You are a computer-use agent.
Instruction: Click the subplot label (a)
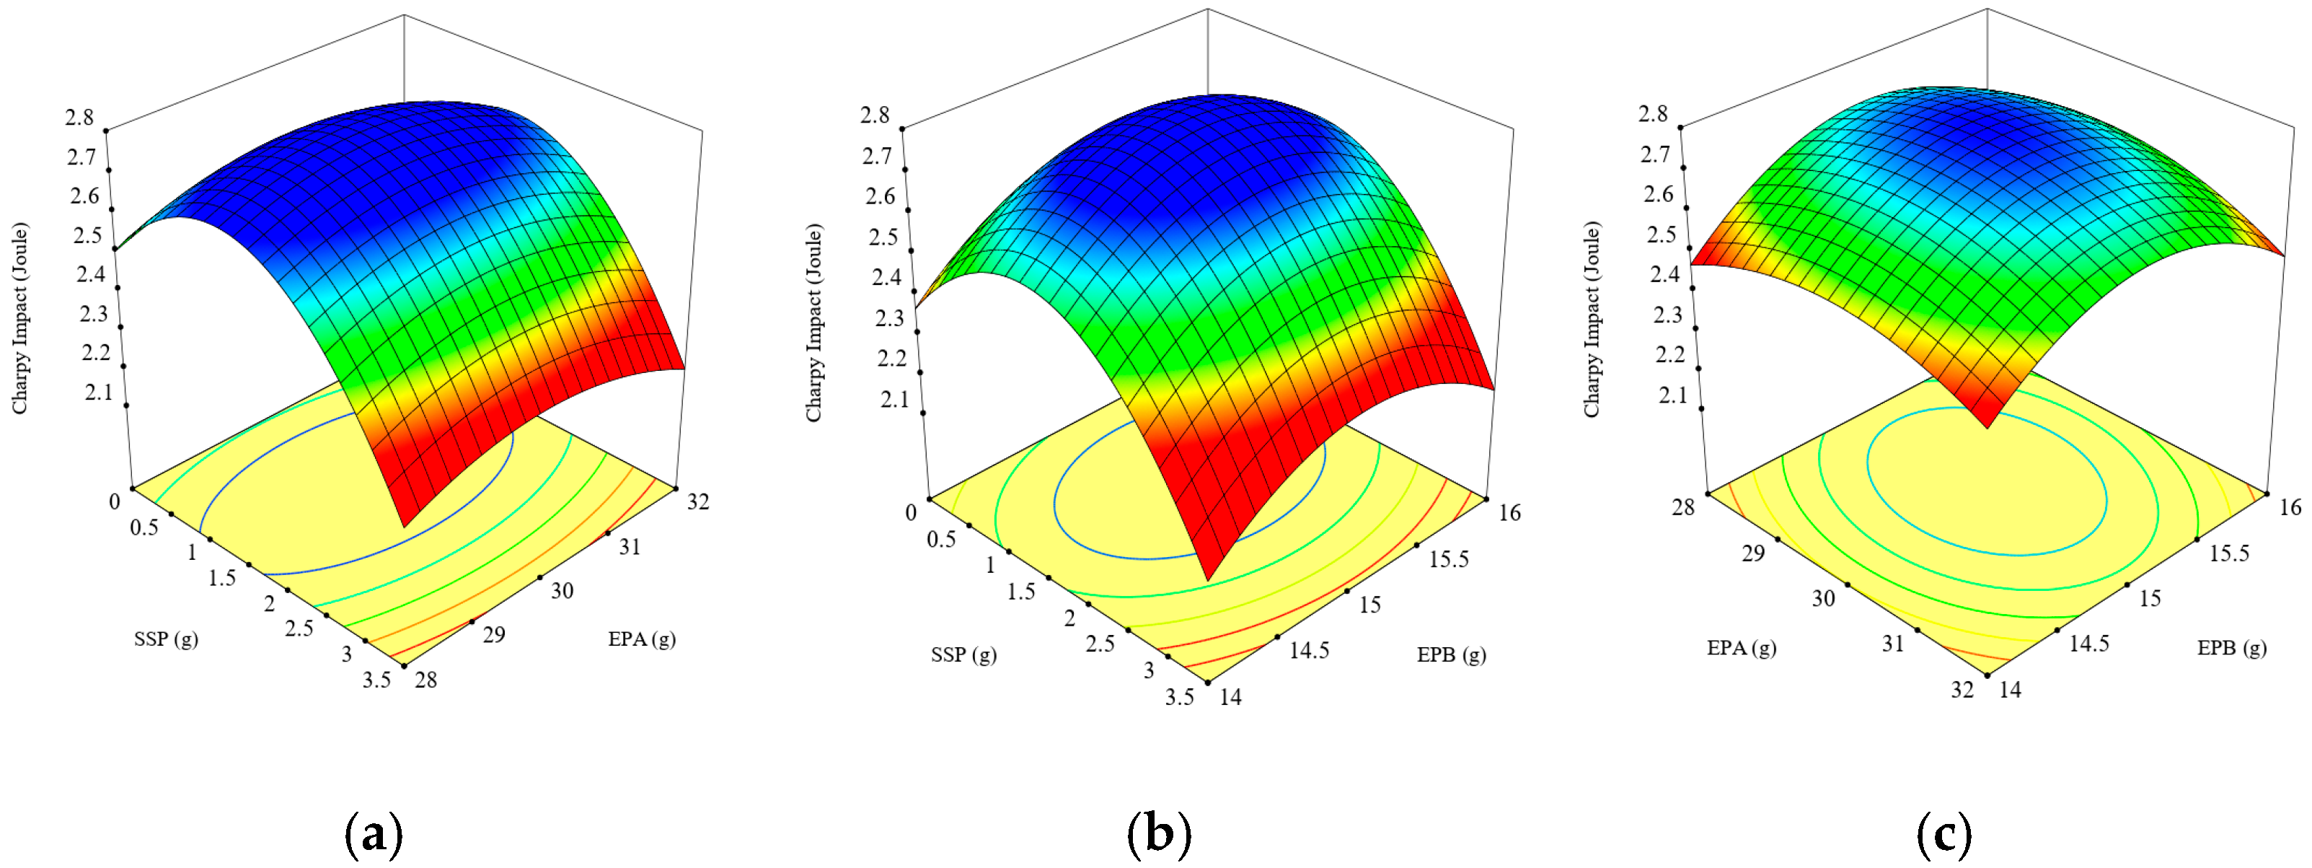374,834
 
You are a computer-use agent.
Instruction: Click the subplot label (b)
1159,834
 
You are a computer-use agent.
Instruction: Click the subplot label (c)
1944,834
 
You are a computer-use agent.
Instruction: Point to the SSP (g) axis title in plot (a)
166,639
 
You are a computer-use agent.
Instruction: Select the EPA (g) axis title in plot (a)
642,639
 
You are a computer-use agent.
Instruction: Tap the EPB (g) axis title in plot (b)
1451,655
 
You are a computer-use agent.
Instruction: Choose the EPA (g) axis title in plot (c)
1741,648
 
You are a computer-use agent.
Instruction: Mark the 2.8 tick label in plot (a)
79,117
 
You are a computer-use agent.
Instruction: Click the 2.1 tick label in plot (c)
1673,395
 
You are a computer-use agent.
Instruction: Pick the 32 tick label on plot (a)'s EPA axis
698,501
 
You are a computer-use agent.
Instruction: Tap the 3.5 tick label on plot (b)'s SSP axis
1179,696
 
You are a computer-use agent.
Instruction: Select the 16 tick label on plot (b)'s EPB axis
1509,512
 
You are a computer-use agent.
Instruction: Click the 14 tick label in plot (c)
2011,689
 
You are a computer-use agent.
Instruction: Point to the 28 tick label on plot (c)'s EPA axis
1683,507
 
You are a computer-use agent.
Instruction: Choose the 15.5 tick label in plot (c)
2230,553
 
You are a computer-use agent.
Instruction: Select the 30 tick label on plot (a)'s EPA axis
562,591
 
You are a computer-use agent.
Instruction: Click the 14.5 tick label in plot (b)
1310,650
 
